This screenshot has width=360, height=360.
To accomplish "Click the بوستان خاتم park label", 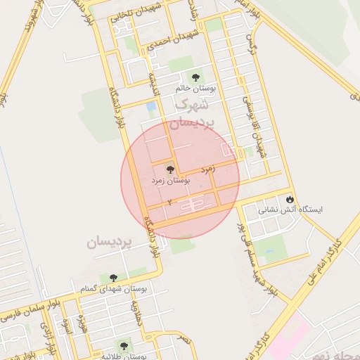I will (x=195, y=89).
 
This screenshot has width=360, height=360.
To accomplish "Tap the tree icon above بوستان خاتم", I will (x=195, y=77).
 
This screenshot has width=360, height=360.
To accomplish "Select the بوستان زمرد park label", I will (x=171, y=181).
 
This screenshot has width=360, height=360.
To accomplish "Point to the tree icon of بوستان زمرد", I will (x=169, y=169).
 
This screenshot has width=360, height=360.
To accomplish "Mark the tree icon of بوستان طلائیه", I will (x=124, y=345).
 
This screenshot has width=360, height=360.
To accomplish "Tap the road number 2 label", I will (x=169, y=202).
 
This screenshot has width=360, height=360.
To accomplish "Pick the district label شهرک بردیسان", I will (x=191, y=113).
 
